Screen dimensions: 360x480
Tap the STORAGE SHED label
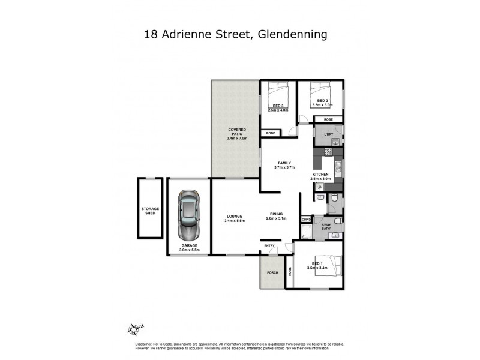point(150,211)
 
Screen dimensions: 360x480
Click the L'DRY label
point(328,134)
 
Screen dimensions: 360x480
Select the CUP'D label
point(305,220)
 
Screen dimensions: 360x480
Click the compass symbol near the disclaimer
point(136,328)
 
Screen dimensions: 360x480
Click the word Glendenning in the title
point(292,34)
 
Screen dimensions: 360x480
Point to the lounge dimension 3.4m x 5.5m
point(234,221)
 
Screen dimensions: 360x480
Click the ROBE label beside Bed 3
point(270,133)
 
